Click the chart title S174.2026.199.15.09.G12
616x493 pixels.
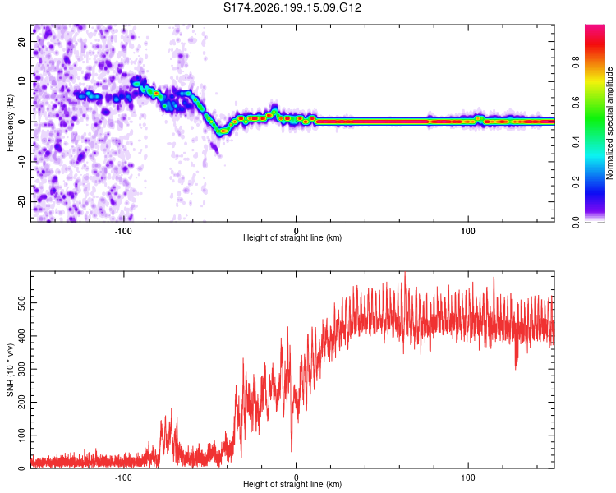292,7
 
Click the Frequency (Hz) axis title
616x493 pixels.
10,123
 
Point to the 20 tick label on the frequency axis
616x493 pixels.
22,42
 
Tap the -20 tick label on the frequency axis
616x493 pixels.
22,202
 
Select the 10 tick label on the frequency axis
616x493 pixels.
22,81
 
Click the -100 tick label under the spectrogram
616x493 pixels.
123,231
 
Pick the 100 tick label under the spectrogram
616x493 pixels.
468,231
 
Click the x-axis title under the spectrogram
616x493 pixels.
292,237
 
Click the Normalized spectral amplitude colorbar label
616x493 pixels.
609,123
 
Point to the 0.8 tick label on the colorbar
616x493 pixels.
576,62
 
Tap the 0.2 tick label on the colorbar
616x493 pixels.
576,182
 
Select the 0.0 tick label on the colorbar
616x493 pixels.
576,222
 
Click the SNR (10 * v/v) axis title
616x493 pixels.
10,370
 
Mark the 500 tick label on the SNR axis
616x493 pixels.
22,303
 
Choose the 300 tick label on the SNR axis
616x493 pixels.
22,369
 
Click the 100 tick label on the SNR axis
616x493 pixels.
22,435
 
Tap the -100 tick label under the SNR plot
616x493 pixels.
123,477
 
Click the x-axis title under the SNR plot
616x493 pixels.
292,484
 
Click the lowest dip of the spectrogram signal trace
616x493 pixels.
223,131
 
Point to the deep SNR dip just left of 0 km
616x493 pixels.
291,450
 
